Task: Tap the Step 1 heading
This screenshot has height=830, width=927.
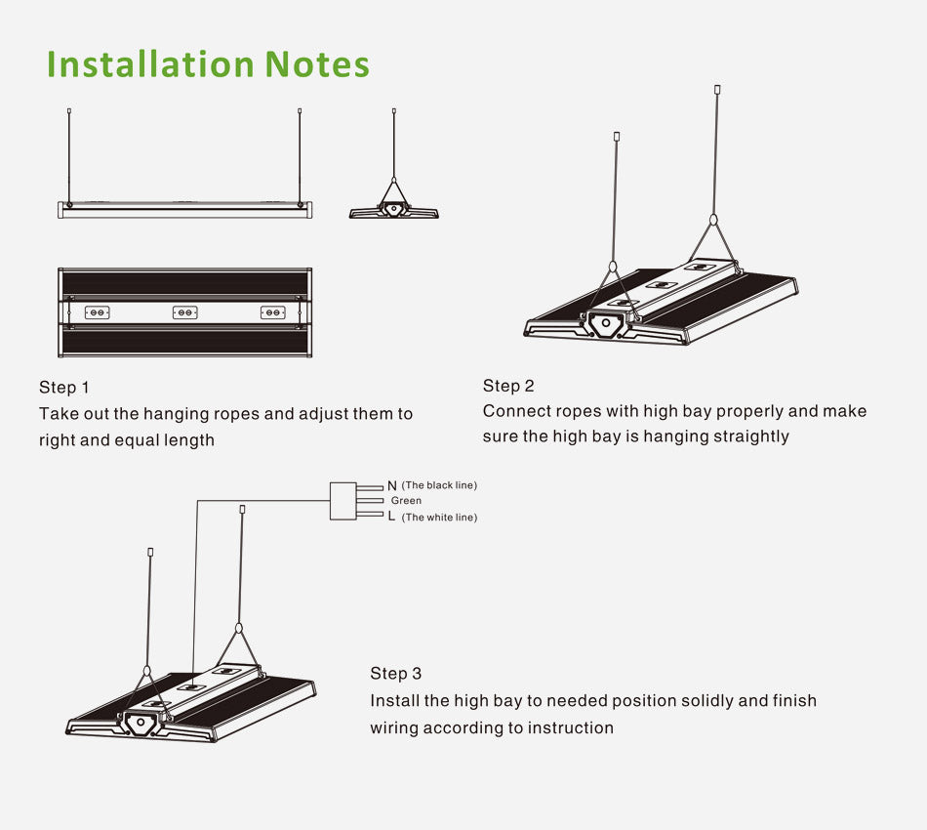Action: (x=64, y=388)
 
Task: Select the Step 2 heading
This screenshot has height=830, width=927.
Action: (x=508, y=386)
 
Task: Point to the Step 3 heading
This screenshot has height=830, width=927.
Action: (x=396, y=674)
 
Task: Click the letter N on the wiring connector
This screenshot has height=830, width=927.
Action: (x=392, y=485)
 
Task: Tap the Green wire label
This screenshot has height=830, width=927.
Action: (x=406, y=501)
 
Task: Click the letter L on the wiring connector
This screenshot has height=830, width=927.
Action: (x=392, y=517)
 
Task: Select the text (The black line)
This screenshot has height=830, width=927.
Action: (x=439, y=485)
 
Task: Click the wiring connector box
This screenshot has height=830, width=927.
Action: (x=343, y=501)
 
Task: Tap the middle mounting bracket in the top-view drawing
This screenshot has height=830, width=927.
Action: (x=184, y=312)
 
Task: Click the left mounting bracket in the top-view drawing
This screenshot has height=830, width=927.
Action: (x=97, y=312)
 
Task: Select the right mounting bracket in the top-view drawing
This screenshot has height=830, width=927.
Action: (x=272, y=312)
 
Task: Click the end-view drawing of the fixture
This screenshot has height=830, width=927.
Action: (x=394, y=209)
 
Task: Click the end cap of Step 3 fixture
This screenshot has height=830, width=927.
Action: (x=141, y=724)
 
